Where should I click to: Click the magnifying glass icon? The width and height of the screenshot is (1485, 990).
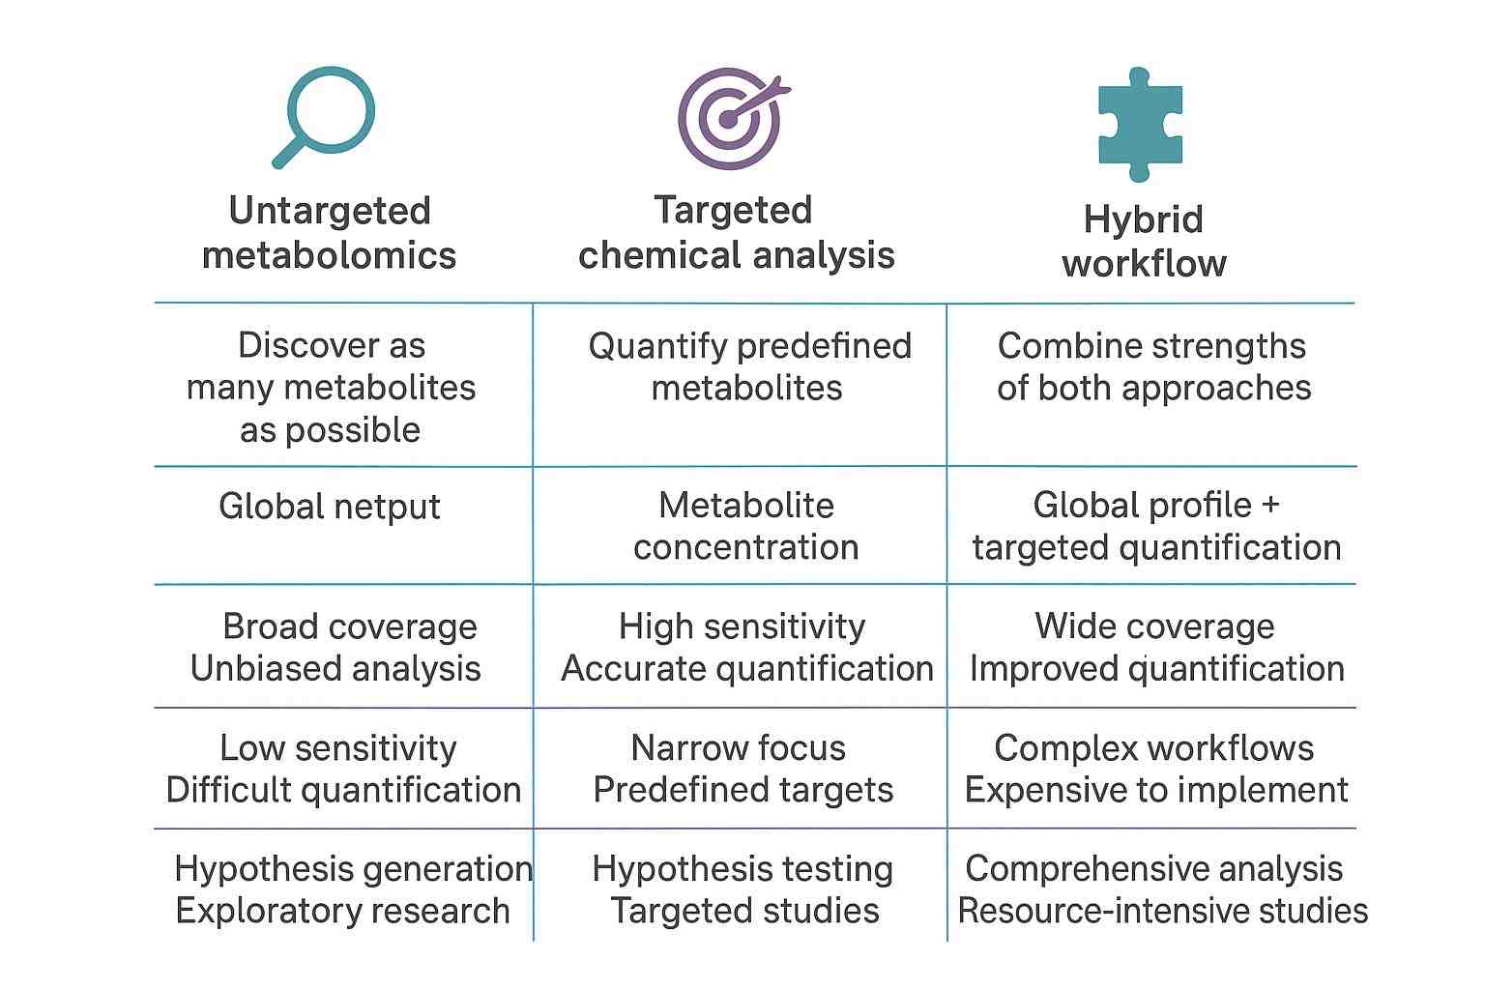click(325, 115)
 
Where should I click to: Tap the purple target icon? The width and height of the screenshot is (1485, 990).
click(729, 120)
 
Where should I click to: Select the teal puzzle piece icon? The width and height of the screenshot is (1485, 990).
click(1140, 124)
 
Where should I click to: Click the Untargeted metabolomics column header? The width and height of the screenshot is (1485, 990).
click(330, 233)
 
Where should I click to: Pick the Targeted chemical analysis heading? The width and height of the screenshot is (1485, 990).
click(736, 232)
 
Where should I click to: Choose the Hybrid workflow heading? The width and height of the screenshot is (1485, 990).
click(1144, 241)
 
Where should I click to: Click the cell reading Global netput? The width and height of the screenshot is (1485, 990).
click(330, 507)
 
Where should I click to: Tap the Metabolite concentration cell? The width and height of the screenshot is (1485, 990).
click(745, 526)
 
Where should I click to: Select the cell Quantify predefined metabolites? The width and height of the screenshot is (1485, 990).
click(748, 366)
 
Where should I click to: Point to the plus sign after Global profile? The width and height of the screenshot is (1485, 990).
click(1270, 505)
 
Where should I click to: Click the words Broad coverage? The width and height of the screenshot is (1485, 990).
click(349, 626)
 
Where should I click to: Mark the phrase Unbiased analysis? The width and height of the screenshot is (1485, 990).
click(335, 668)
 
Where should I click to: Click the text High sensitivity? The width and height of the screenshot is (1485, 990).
click(742, 626)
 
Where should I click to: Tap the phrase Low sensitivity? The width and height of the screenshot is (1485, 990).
click(338, 747)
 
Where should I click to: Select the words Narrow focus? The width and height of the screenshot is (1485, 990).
click(738, 747)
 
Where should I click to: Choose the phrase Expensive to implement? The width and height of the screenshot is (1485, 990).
click(1156, 790)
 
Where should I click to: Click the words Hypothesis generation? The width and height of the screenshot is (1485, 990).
click(353, 868)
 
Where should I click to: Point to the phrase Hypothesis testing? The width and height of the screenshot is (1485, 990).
click(742, 868)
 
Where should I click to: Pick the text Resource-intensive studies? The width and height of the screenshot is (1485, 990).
click(1162, 911)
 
